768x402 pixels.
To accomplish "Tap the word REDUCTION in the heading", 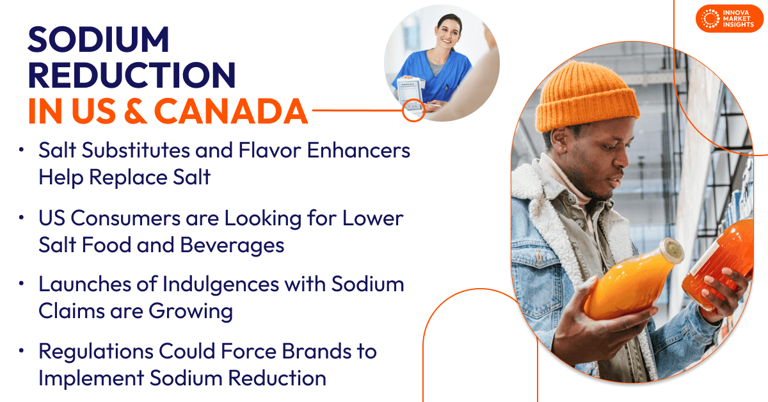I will click(x=132, y=76).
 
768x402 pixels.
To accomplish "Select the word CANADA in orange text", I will click(x=231, y=111).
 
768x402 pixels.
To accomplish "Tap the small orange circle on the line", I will click(x=413, y=111).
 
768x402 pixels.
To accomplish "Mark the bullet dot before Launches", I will click(x=22, y=284).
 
